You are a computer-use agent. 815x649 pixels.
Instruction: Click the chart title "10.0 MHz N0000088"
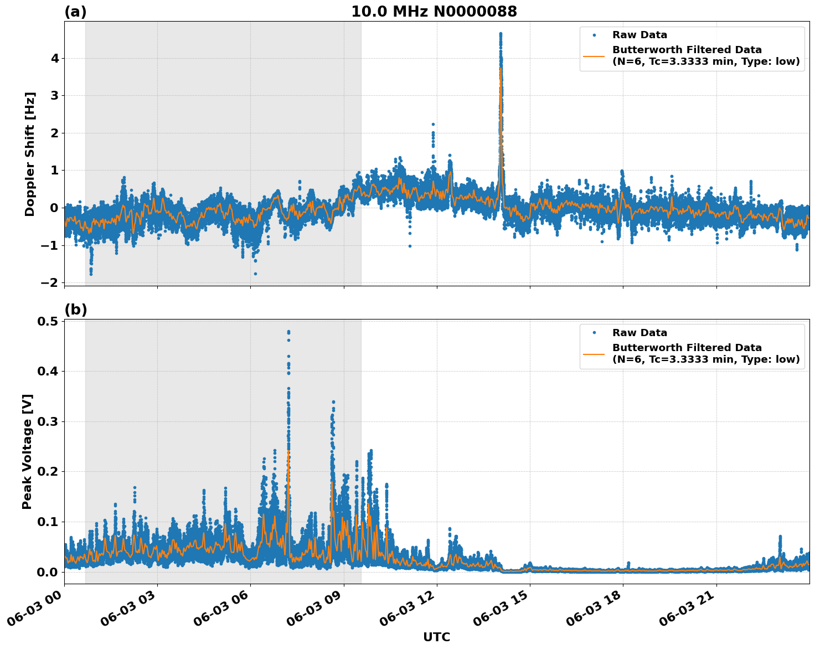click(434, 12)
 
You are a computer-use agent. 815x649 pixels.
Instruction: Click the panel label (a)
click(75, 12)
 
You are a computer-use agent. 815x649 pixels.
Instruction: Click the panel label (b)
click(75, 310)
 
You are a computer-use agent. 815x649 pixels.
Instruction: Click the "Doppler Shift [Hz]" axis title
click(30, 154)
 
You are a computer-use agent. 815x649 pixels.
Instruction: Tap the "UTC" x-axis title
click(436, 637)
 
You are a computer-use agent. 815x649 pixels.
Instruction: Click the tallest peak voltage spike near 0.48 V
click(288, 332)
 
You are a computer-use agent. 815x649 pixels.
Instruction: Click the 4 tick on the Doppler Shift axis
click(55, 58)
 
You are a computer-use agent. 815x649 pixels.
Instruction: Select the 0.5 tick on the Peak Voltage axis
click(48, 321)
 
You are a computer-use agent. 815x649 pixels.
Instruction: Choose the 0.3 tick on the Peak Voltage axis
click(48, 421)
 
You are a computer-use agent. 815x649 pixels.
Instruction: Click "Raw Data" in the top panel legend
click(639, 35)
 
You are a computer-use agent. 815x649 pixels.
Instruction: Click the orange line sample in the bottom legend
click(594, 353)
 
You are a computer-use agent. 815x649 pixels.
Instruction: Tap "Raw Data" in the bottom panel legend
click(639, 333)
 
